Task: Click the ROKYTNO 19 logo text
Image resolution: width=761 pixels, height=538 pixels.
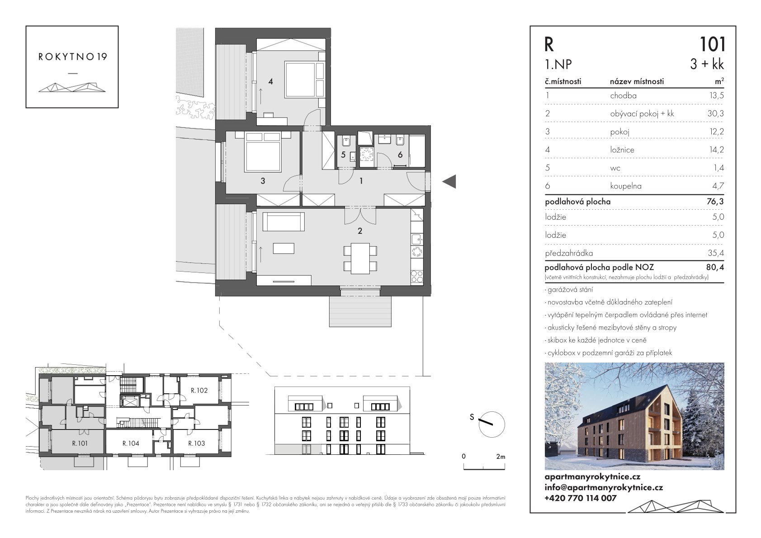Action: click(x=72, y=57)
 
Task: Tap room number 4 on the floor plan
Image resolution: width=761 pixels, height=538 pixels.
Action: click(x=270, y=81)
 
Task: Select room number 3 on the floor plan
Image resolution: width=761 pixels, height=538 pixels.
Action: click(x=263, y=181)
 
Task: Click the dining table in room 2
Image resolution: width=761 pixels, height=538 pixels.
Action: click(x=360, y=258)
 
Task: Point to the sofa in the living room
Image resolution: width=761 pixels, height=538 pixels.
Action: click(x=284, y=222)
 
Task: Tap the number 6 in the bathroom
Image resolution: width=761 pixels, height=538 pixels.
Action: click(x=400, y=155)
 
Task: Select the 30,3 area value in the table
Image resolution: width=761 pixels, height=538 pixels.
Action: click(x=715, y=113)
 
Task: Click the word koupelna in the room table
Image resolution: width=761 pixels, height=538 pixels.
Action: click(x=626, y=186)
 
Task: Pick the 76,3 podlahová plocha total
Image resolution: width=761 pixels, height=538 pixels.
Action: click(x=715, y=201)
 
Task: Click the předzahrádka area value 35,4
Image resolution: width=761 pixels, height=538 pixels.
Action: click(x=715, y=253)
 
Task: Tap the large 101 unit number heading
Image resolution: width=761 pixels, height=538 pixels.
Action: click(x=713, y=44)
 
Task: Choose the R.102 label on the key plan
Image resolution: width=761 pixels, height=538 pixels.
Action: click(x=199, y=391)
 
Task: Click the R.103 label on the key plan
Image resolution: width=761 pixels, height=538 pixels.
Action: click(x=196, y=443)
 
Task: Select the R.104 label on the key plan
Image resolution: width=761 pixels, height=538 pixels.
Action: click(x=131, y=443)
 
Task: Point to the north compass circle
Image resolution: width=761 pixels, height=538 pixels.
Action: click(x=492, y=425)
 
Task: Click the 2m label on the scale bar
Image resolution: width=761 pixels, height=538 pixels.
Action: click(x=501, y=457)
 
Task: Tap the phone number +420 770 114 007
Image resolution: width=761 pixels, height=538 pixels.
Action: click(x=580, y=498)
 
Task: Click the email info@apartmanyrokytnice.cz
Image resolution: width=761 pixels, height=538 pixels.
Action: click(x=604, y=487)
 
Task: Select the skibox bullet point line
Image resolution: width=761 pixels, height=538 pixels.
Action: click(x=596, y=340)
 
